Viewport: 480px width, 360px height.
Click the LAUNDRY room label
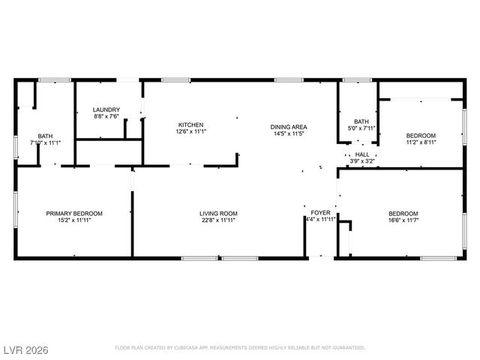106,109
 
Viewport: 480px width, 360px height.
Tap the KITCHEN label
190,124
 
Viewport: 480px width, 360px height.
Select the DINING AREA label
289,127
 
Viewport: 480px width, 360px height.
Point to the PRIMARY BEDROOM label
74,214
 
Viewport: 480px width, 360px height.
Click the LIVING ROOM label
218,214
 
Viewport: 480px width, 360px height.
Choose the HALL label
362,154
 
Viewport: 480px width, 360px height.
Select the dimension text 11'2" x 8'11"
421,142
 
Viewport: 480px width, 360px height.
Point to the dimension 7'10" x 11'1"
45,142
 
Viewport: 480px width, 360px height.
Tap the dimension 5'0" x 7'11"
361,128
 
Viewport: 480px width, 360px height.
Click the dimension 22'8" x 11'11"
218,220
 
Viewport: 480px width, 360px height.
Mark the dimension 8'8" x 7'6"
106,116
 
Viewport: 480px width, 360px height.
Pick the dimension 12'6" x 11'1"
190,131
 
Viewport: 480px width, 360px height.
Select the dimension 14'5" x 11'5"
289,133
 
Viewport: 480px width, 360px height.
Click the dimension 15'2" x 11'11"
74,220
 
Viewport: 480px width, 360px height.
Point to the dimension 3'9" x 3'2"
362,161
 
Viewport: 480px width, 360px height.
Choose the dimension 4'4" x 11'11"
321,220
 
